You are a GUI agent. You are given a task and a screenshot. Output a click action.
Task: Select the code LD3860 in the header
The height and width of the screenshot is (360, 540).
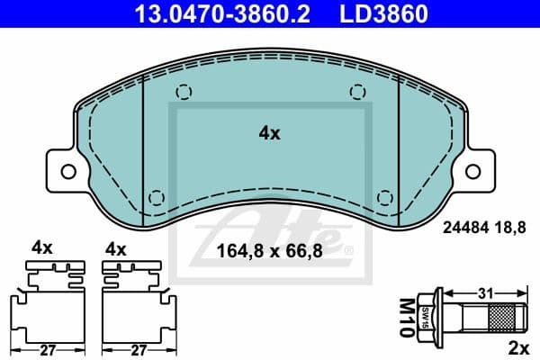[x=379, y=13]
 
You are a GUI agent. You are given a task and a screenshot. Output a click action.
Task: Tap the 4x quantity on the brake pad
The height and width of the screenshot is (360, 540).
[x=269, y=133]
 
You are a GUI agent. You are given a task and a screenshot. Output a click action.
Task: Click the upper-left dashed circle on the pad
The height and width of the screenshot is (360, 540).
[x=184, y=91]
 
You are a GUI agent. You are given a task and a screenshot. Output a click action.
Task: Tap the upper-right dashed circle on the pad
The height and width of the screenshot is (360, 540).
[x=357, y=91]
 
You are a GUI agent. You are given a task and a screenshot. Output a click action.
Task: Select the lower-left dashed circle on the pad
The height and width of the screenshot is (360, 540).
[x=157, y=197]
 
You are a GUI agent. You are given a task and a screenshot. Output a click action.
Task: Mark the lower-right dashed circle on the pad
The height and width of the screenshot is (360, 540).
[x=384, y=197]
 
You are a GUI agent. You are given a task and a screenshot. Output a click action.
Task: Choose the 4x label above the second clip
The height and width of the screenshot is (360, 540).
[x=115, y=247]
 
